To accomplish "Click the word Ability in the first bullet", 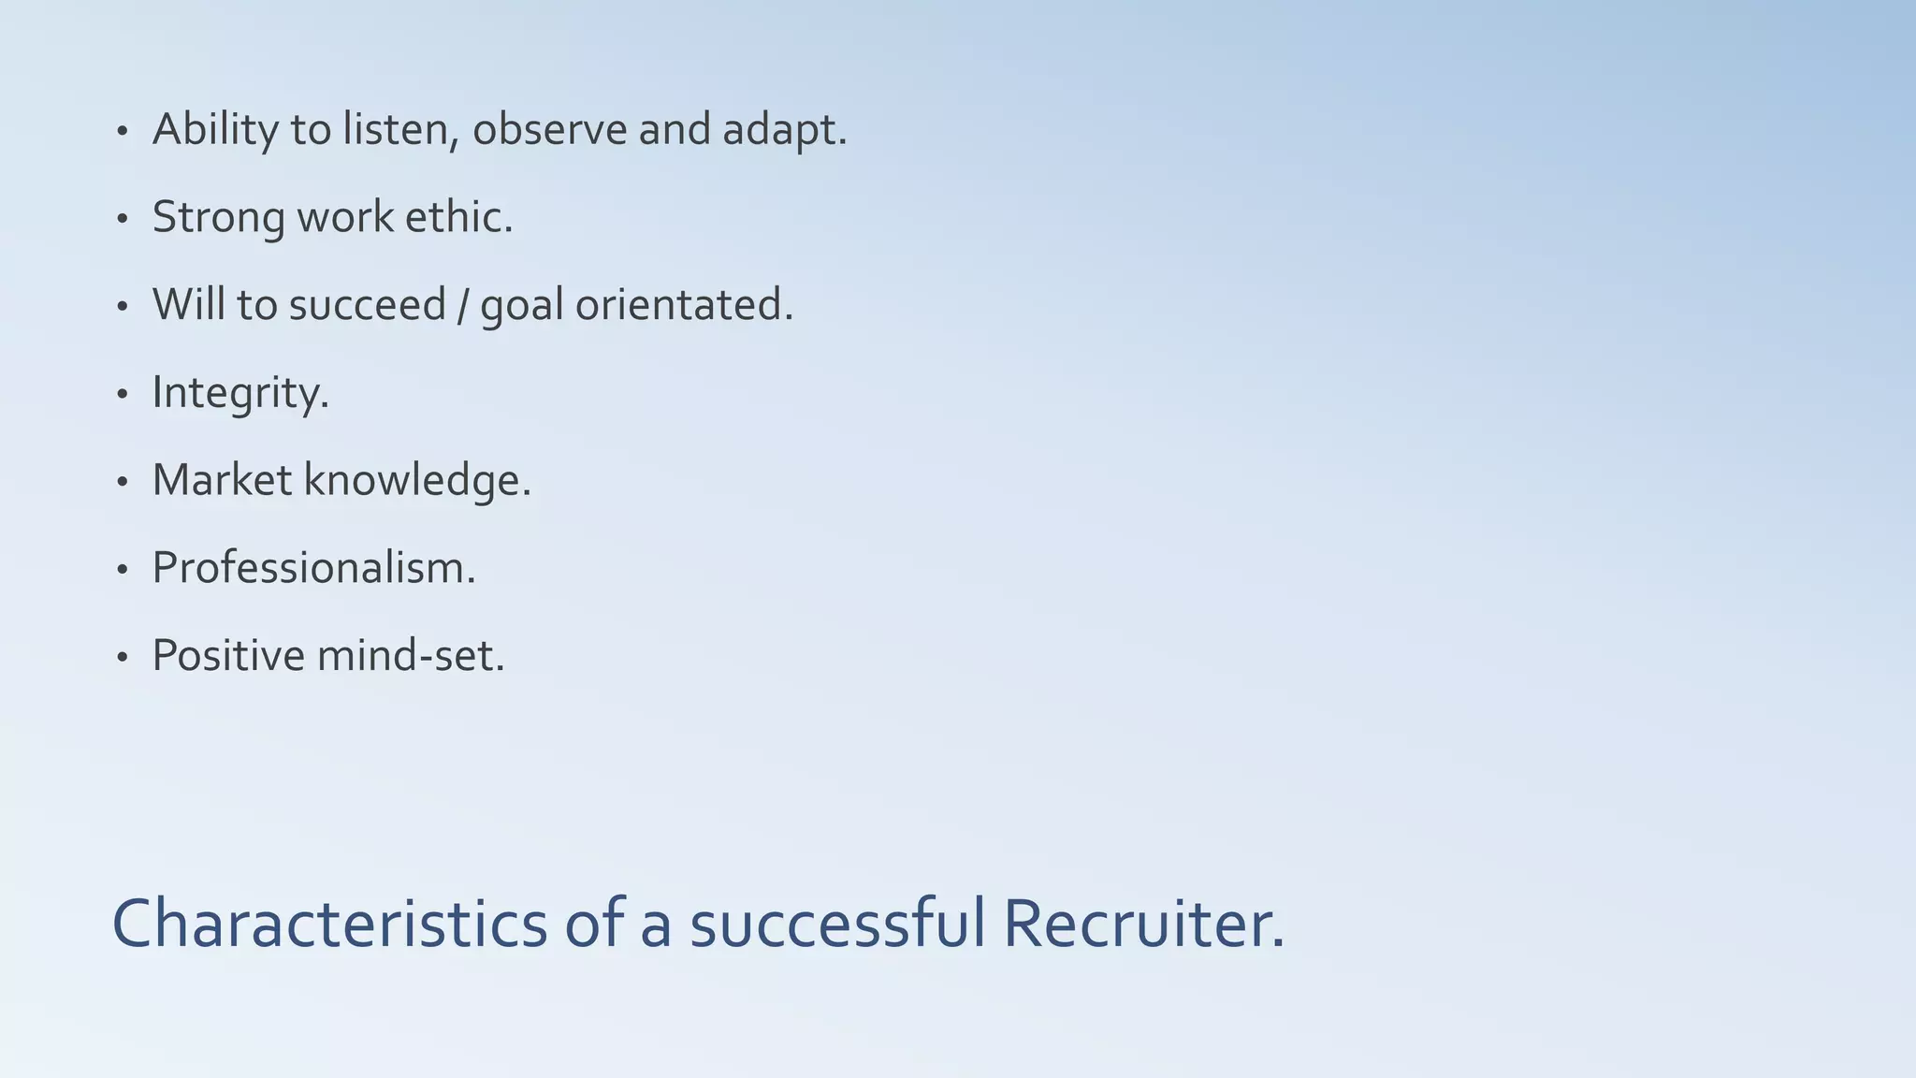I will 214,129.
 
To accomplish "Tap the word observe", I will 549,129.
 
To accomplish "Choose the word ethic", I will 457,216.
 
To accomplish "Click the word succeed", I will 367,305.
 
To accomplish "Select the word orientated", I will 683,305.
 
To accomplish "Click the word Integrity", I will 239,393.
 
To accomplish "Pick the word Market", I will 222,480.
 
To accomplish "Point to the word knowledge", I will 416,480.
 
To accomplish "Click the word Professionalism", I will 313,568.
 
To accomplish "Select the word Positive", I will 228,655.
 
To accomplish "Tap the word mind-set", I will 411,655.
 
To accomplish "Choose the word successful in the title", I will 837,925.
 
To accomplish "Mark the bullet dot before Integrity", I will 122,395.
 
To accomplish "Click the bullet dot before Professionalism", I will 122,570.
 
